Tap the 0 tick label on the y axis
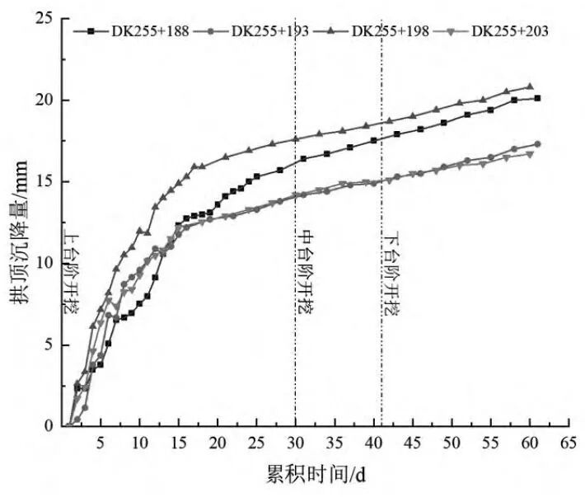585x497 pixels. coord(54,426)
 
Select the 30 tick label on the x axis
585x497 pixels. coord(295,443)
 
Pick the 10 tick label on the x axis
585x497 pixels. coord(139,443)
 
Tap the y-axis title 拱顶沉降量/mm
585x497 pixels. coord(18,223)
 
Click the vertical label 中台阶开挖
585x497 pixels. coord(306,273)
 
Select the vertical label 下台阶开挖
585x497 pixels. coord(391,273)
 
